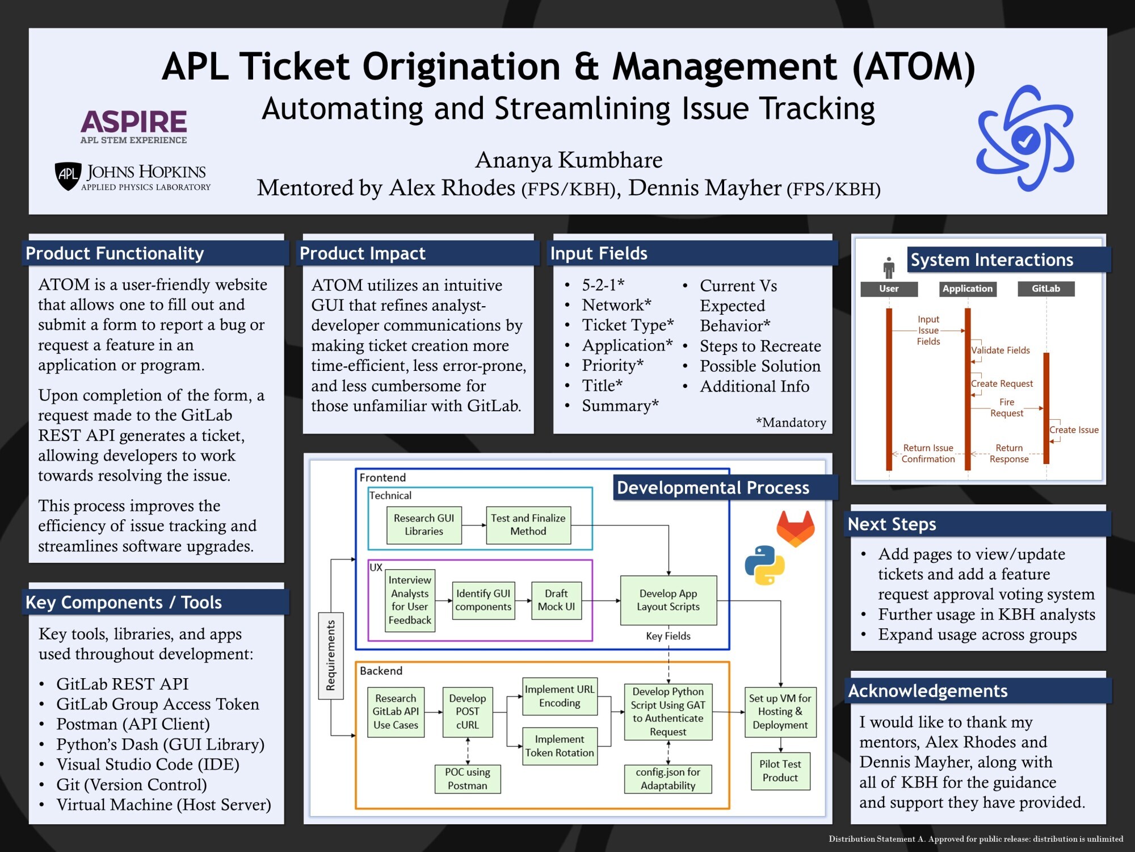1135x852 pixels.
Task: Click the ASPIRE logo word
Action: coord(133,122)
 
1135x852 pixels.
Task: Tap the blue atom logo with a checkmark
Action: coord(1025,139)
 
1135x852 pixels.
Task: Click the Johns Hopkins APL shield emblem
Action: coord(68,175)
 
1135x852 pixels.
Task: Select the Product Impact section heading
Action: coord(362,253)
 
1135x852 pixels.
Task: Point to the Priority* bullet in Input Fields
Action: coord(612,365)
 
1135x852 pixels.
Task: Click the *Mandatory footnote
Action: coord(791,423)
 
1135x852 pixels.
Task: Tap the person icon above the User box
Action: coord(889,267)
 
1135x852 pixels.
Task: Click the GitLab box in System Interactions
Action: coord(1045,289)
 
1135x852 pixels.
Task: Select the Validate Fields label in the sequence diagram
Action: coord(1000,350)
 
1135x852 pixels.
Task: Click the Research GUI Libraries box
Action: coord(424,525)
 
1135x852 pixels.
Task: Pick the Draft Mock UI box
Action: coord(556,600)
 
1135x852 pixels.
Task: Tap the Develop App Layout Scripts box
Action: coord(668,600)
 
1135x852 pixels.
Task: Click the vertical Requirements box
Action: coord(331,655)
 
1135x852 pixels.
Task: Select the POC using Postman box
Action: coord(467,779)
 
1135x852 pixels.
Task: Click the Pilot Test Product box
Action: coord(780,771)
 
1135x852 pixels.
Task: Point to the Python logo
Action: coord(764,565)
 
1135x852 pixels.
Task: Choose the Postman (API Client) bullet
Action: coord(133,724)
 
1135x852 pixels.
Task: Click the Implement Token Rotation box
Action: coord(559,746)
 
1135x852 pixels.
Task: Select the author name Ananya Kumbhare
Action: coord(569,160)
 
